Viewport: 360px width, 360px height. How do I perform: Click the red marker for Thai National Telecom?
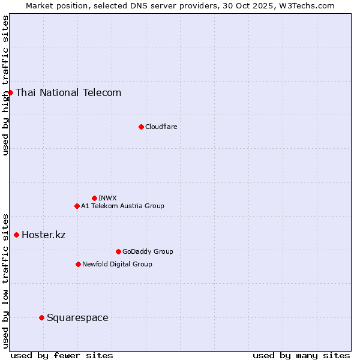(10, 92)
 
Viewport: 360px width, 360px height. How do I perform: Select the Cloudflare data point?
(141, 127)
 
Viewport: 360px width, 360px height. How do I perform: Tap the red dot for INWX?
(94, 198)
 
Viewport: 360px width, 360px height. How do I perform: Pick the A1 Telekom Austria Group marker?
(77, 206)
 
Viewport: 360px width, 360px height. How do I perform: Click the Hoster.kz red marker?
(16, 235)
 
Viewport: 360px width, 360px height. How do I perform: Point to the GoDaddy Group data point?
(118, 251)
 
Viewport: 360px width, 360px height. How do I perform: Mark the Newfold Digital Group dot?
(78, 264)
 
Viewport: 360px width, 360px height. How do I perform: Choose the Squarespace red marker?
(41, 317)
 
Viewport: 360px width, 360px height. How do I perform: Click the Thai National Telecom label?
(68, 92)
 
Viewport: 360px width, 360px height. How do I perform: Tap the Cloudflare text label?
(161, 127)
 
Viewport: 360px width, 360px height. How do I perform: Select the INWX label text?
(107, 198)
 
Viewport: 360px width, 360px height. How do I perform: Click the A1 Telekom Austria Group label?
(122, 206)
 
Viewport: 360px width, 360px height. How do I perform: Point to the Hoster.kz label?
(43, 235)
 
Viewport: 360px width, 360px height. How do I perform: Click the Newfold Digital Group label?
(117, 264)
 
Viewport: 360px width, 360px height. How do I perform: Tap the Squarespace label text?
(77, 317)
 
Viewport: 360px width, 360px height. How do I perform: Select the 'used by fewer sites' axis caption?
(62, 355)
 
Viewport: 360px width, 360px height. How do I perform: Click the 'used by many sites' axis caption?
(301, 355)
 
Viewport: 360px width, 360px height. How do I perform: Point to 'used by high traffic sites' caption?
(5, 85)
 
